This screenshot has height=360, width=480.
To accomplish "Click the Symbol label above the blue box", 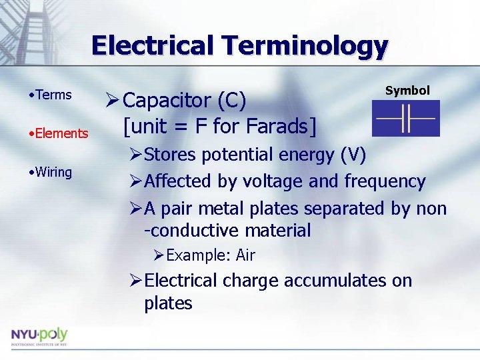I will coord(407,91).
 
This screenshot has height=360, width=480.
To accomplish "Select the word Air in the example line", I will coord(245,255).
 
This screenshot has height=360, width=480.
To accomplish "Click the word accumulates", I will coord(335,281).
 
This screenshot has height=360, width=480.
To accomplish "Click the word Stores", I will coord(169,155).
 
